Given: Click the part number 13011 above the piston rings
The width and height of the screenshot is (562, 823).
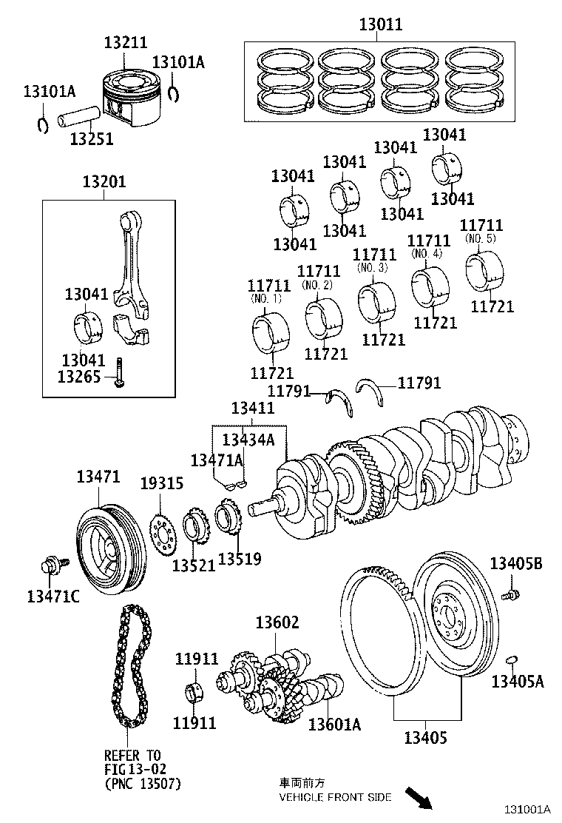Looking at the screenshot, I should coord(381,24).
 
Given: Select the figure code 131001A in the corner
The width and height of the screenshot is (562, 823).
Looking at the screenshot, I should coord(528,810).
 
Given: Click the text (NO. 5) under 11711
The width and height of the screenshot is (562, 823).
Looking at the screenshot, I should coord(480,239).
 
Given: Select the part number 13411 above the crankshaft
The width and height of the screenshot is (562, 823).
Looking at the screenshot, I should coord(252,408).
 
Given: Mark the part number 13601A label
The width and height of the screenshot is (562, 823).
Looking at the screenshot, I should coord(334,724).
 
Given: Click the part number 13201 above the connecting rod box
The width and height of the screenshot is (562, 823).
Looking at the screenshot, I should coord(104,182).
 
